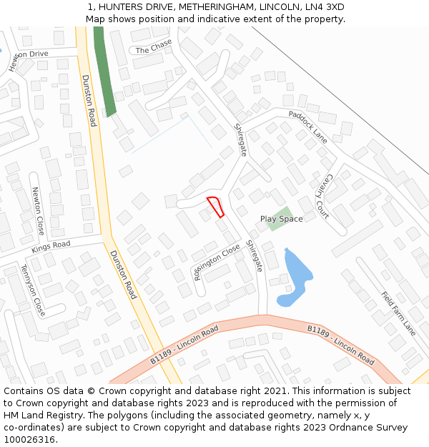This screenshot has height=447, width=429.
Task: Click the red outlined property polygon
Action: coord(216,206)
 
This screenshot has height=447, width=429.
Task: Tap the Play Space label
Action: coord(281,219)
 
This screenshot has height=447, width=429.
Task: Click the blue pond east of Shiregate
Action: coord(297,275)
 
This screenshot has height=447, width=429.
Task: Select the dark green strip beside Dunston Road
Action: coord(104,71)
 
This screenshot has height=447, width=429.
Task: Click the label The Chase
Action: coord(154,46)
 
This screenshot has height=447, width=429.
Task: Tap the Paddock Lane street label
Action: coord(307,126)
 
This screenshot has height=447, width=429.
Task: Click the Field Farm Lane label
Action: coord(398,313)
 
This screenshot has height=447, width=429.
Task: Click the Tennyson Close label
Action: coord(32,290)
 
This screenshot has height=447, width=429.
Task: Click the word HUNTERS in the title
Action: coord(122,6)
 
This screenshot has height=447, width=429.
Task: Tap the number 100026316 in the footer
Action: coord(29,439)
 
